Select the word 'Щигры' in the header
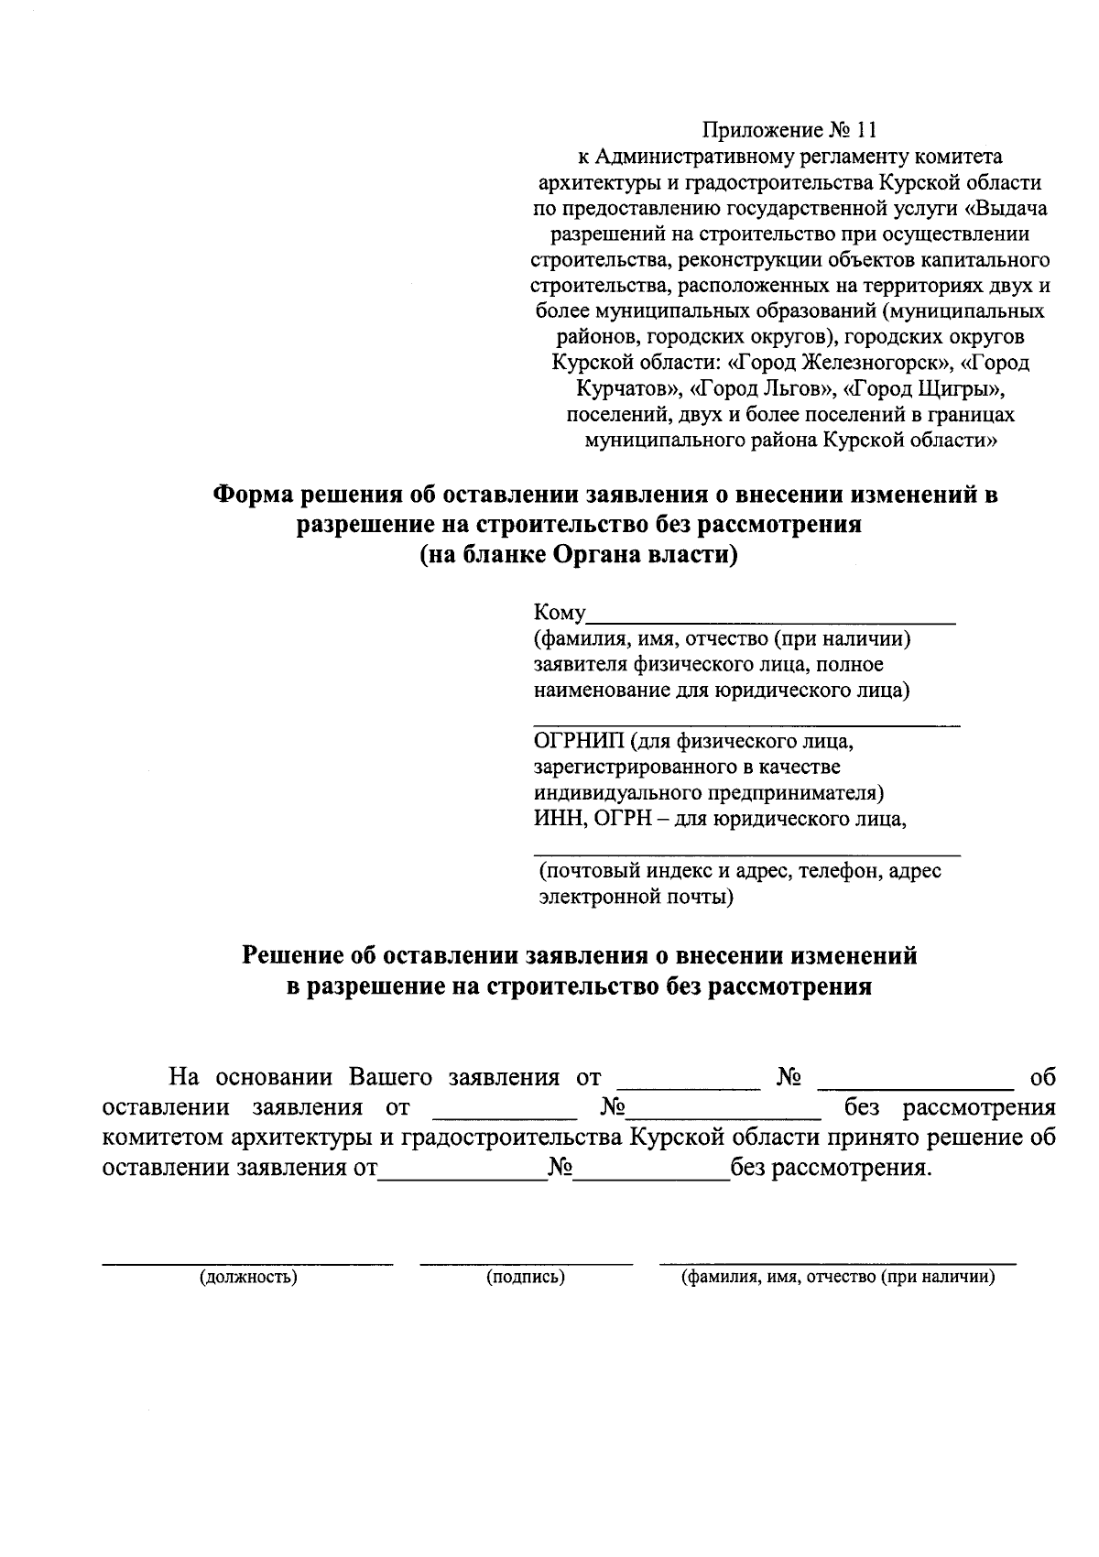961,388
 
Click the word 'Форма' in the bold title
254,495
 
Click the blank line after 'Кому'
771,621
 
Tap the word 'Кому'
559,614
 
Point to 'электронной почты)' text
636,897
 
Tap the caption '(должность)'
248,1278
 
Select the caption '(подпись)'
525,1278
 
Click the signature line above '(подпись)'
526,1264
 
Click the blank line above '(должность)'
247,1264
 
